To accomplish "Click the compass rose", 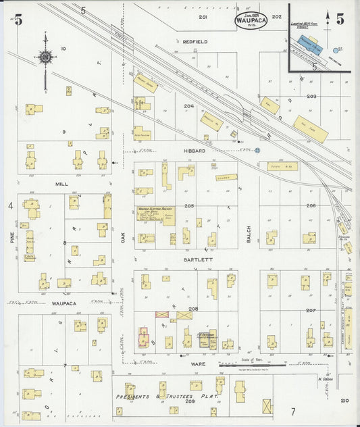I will (x=45, y=58).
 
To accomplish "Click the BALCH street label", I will (x=249, y=234).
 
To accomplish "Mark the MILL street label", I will (x=62, y=183).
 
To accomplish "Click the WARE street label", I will (x=197, y=365).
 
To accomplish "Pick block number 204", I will (x=188, y=105).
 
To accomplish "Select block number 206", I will (x=311, y=205).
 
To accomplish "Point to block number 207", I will (x=311, y=309).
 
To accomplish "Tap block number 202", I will (x=276, y=16).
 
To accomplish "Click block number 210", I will (x=345, y=401).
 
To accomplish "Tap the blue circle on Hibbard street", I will (x=257, y=151).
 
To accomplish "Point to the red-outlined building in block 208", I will (x=143, y=338).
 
